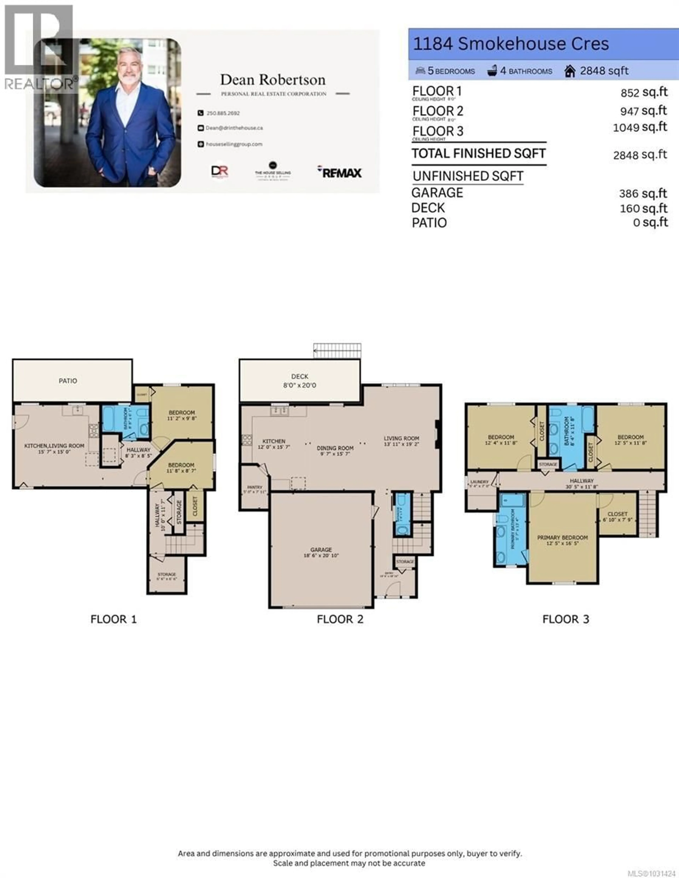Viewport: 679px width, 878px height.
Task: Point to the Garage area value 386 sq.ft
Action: click(x=642, y=193)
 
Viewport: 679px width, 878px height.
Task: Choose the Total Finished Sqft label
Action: click(x=478, y=154)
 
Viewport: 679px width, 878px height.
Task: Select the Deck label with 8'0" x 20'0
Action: click(x=300, y=381)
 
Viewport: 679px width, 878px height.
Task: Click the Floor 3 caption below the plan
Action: click(x=566, y=619)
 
